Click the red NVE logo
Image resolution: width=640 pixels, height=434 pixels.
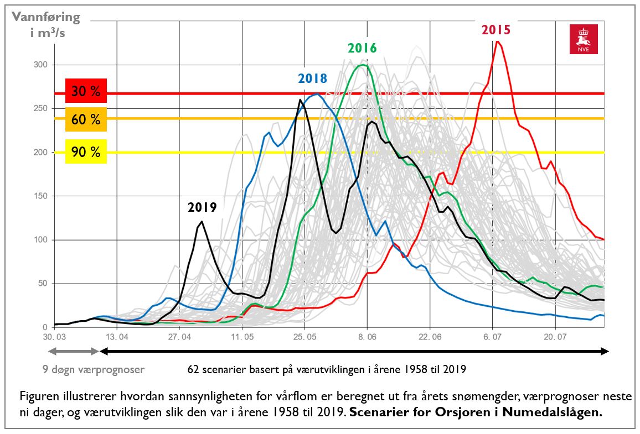coord(583,40)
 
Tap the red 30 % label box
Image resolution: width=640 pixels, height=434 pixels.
coord(86,92)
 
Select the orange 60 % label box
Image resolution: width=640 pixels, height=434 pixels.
coord(86,119)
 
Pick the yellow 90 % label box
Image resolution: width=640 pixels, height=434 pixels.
coord(86,152)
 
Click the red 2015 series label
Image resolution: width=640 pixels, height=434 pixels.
coord(496,30)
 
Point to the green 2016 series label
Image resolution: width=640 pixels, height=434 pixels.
coord(362,48)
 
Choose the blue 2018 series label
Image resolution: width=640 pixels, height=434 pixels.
coord(313,79)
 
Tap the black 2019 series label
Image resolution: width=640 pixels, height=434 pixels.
coord(202,208)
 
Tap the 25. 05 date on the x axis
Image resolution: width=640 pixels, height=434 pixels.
coord(304,336)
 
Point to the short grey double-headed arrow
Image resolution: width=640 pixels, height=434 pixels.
coord(74,351)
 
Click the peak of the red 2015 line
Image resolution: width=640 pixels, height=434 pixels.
coord(498,41)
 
